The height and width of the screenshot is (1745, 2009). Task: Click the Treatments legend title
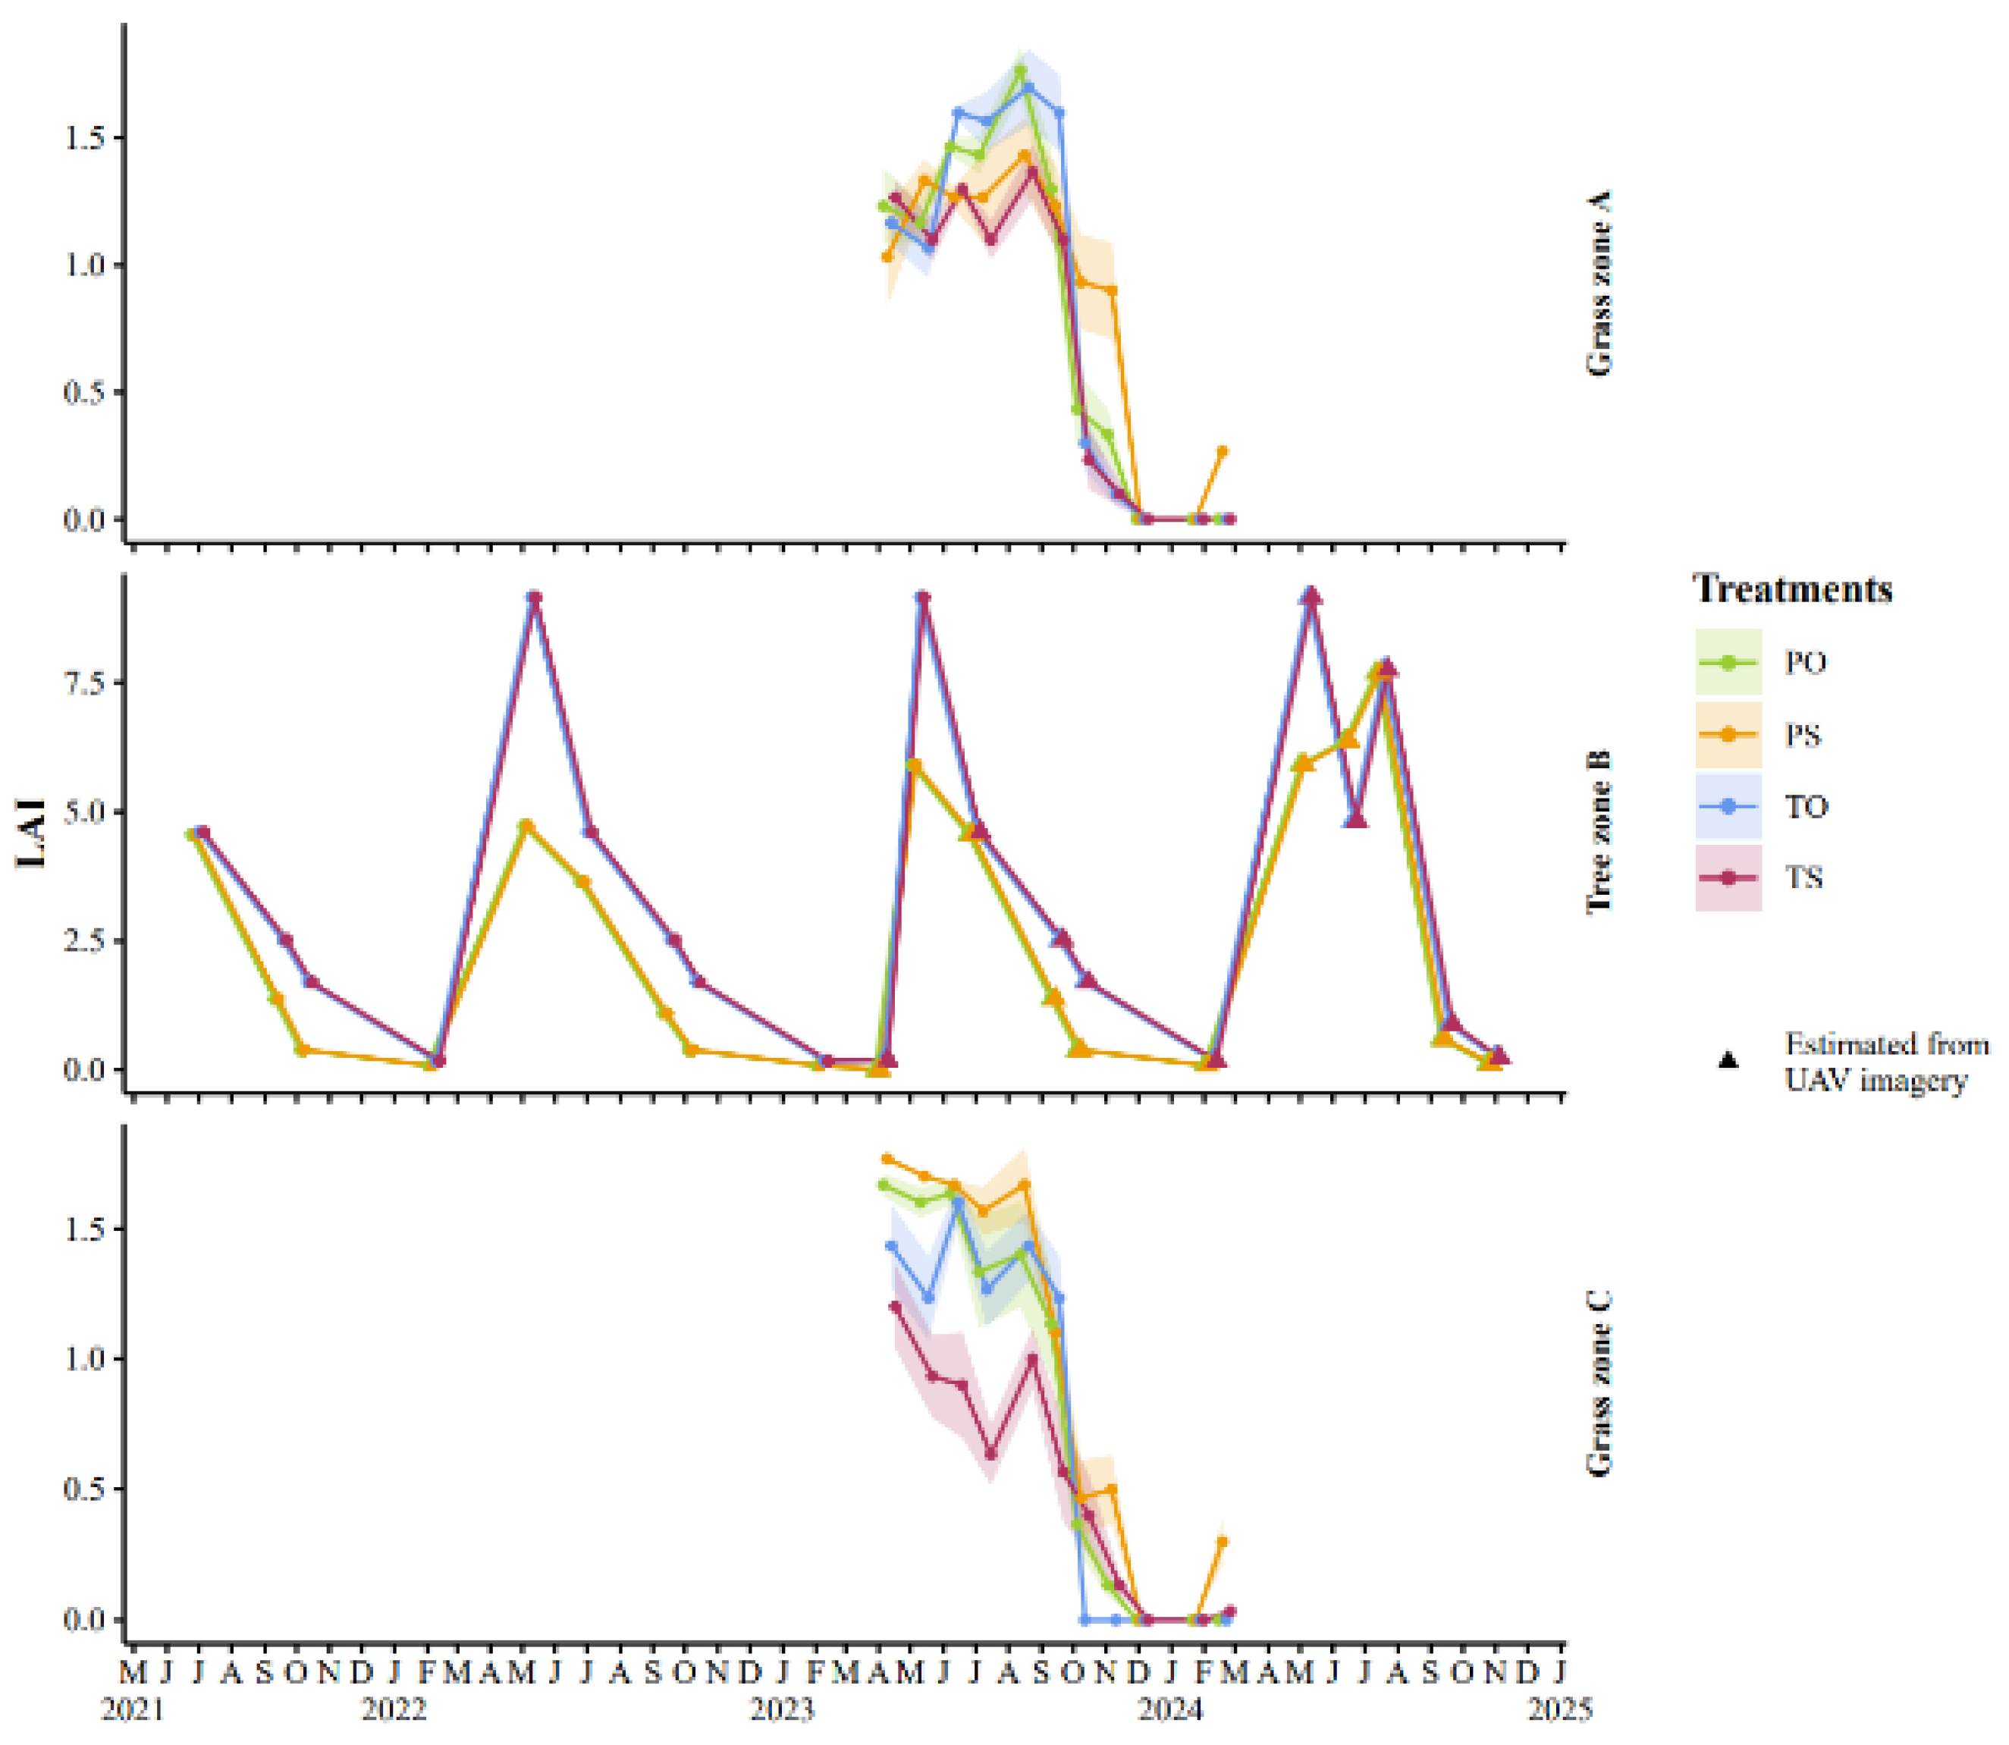coord(1792,589)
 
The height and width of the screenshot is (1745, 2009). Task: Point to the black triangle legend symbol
coord(1728,1059)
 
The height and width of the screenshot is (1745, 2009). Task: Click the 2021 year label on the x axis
coord(133,1709)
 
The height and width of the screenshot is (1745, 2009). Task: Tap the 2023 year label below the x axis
coord(782,1709)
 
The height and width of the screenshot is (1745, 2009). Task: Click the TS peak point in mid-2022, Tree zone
coord(534,597)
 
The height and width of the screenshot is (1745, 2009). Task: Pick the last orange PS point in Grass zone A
coord(1223,451)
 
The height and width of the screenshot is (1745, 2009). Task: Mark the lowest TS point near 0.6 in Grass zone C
coord(990,1454)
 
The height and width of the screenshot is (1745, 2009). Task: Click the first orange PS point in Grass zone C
coord(886,1159)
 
